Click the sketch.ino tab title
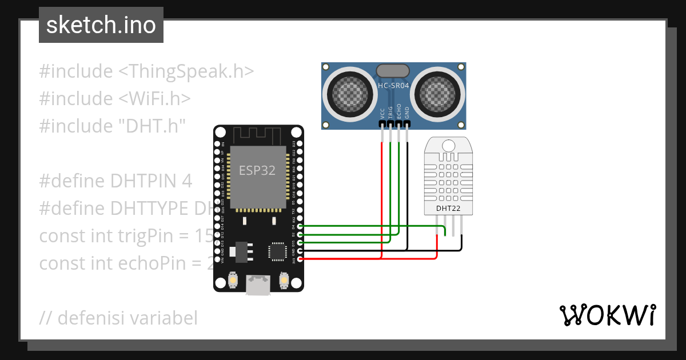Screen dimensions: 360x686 [x=101, y=25]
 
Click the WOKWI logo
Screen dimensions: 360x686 [x=607, y=315]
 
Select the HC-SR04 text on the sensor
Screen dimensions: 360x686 [x=393, y=86]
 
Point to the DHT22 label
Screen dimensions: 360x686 [x=448, y=208]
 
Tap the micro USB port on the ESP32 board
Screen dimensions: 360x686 [x=258, y=285]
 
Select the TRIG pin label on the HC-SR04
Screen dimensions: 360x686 [x=390, y=111]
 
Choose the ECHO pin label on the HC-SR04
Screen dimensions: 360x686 [x=399, y=111]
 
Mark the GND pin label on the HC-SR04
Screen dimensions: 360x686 [x=407, y=111]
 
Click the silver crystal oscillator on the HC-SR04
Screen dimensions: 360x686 [x=393, y=70]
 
